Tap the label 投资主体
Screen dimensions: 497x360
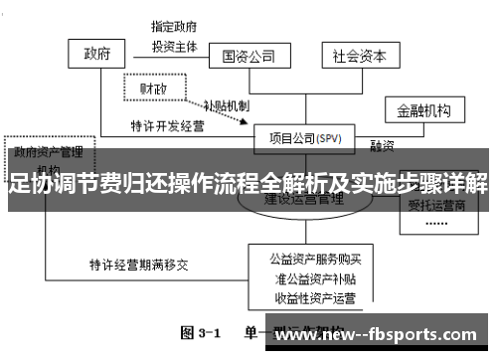coord(175,46)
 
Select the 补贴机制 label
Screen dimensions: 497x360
coord(226,103)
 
